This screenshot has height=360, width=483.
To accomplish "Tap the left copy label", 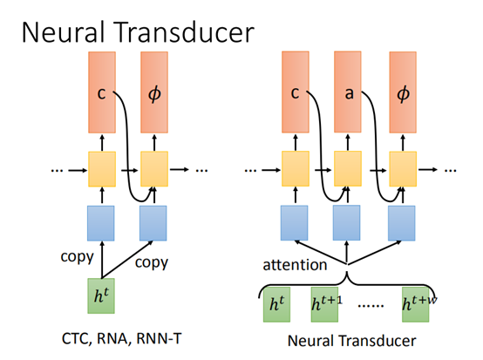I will tap(77, 259).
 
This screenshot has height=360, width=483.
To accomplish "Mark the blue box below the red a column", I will tap(348, 221).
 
